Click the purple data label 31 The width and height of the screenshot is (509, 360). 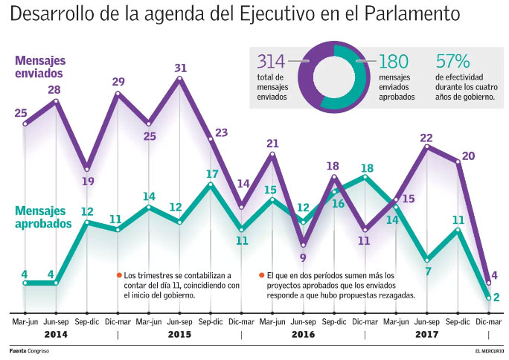click(x=180, y=68)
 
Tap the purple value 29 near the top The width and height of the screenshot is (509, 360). click(x=118, y=82)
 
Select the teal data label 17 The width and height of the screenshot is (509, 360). click(x=211, y=173)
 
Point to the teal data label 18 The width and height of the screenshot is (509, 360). click(x=367, y=168)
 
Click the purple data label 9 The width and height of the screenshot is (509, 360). click(x=303, y=257)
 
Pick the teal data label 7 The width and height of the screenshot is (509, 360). click(x=428, y=271)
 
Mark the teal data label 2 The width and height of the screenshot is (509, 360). click(x=496, y=297)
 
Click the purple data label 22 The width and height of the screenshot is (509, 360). click(x=427, y=138)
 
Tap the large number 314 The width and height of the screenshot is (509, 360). click(x=271, y=62)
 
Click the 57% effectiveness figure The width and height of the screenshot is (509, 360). click(x=452, y=62)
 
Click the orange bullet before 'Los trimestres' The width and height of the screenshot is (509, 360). click(x=118, y=275)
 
